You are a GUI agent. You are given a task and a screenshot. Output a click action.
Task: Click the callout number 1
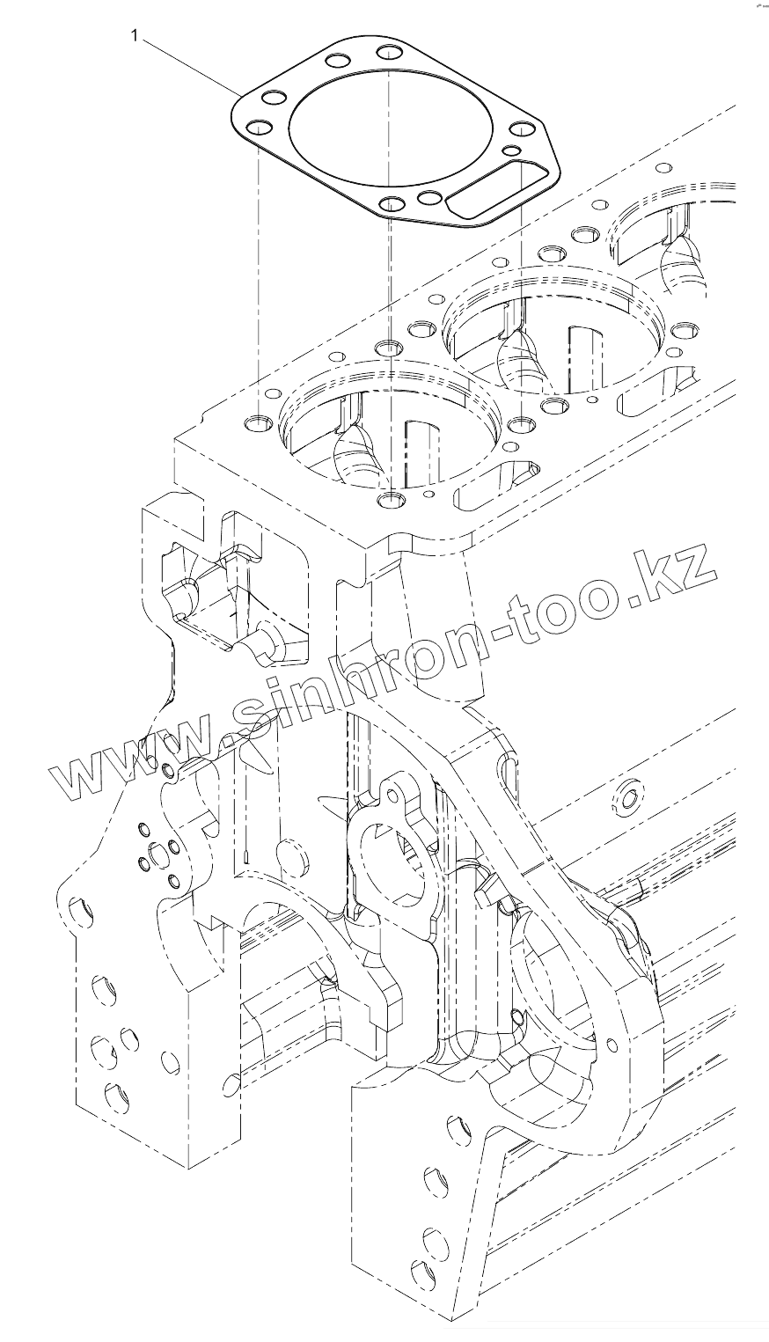(134, 35)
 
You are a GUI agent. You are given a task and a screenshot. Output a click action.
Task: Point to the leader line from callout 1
(189, 65)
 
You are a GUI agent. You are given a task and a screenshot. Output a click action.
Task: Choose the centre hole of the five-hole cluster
(157, 853)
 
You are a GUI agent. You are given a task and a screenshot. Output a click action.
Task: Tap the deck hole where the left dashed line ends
(257, 425)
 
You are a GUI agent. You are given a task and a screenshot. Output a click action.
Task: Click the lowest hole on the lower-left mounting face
(114, 1095)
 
